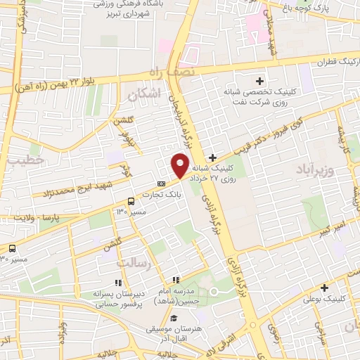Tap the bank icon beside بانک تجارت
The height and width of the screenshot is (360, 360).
(x=162, y=184)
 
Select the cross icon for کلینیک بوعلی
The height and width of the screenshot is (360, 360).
(x=325, y=288)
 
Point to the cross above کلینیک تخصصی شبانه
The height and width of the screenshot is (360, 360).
(x=260, y=82)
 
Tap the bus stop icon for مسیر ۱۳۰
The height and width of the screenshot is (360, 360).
(x=131, y=201)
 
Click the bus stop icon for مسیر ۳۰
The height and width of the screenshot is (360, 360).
(x=13, y=247)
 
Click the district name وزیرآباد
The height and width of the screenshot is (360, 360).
(x=328, y=171)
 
